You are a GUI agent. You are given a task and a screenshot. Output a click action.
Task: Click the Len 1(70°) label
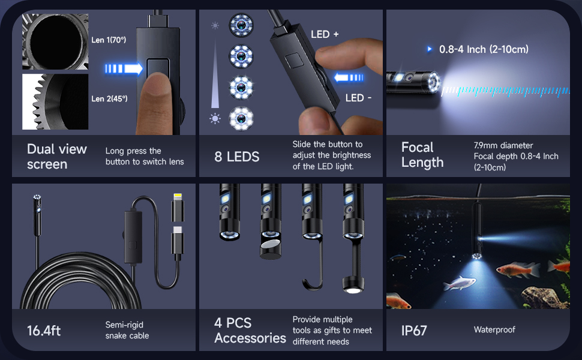(109, 40)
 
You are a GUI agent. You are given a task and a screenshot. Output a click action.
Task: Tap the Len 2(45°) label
(109, 98)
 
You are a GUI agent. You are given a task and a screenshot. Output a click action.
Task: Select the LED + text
(325, 34)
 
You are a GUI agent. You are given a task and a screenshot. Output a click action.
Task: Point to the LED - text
(359, 98)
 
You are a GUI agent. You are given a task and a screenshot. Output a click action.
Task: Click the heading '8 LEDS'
(236, 157)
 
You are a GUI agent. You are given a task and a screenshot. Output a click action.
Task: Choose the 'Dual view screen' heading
(57, 156)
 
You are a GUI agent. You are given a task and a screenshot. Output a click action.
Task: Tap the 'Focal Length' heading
(422, 155)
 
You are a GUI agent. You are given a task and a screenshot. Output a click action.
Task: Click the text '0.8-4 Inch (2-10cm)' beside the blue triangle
(484, 49)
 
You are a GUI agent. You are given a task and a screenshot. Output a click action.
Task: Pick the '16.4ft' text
(44, 331)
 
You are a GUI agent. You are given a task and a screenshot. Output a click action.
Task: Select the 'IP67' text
(414, 331)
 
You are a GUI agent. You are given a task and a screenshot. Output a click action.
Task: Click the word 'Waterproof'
(494, 329)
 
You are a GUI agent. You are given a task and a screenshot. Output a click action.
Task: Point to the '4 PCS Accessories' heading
(250, 331)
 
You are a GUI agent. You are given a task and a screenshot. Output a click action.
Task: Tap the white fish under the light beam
(460, 282)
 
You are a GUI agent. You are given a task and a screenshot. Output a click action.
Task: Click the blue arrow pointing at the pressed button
(124, 68)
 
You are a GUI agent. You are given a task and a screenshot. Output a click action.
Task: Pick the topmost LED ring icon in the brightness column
(241, 25)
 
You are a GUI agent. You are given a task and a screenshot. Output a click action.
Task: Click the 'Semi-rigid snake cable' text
(127, 330)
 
